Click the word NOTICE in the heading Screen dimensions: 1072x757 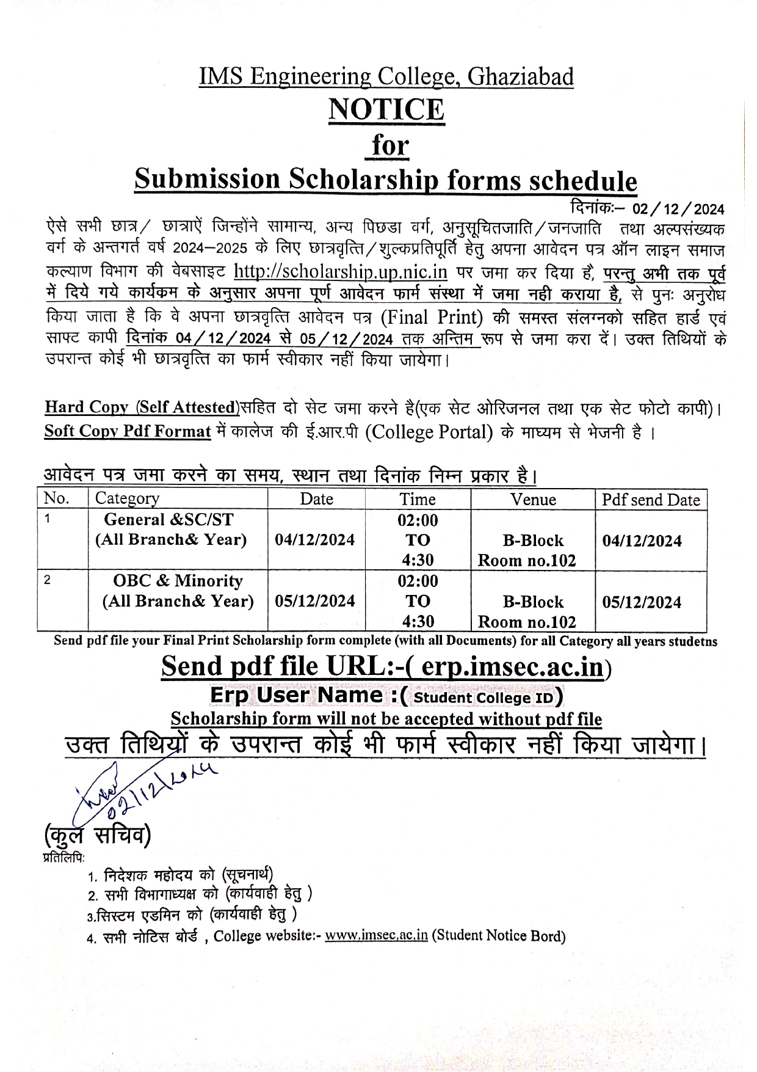point(386,110)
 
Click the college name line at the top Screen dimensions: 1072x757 point(386,77)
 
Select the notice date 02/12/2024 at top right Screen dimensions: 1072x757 point(678,210)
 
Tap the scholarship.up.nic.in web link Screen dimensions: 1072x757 point(341,271)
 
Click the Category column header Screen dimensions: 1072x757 point(127,498)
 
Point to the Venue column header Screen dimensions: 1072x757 point(533,500)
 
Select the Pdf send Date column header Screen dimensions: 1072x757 point(651,500)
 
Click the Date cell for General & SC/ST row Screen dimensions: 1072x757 point(315,540)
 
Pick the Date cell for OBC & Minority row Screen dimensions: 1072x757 point(315,601)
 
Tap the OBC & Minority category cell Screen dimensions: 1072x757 point(178,591)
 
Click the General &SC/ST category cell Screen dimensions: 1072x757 point(171,530)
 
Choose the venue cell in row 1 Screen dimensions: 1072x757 point(533,550)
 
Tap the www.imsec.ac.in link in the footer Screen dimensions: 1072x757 point(376,936)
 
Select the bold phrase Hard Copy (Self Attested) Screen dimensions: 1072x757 point(141,407)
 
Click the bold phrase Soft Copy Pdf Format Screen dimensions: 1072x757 point(127,431)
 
